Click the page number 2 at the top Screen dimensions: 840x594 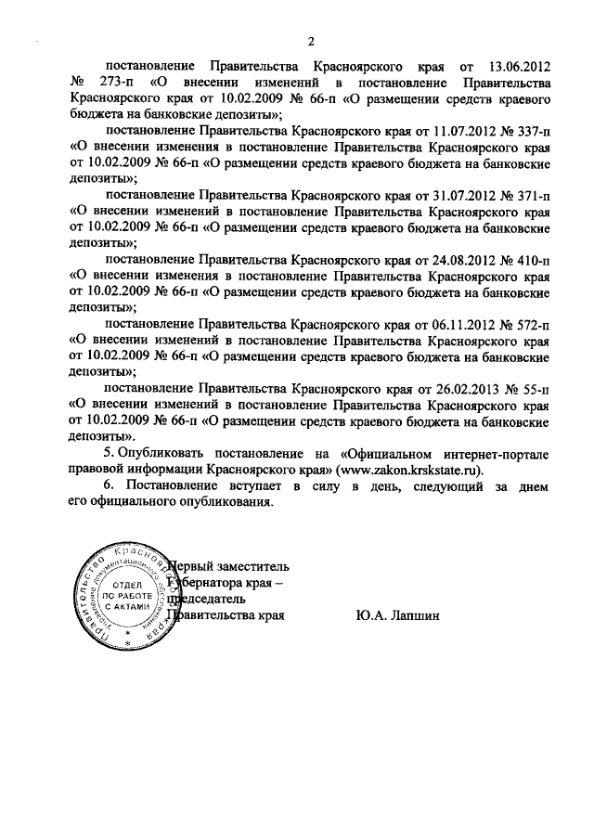(311, 42)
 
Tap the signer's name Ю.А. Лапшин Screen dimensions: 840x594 (394, 614)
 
